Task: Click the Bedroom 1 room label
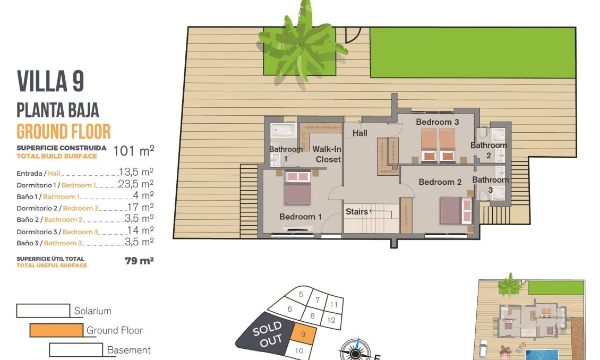[301, 217]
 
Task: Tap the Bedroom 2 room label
[440, 182]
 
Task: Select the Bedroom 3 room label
[437, 122]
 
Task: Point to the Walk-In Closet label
[328, 154]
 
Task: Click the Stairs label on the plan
[357, 211]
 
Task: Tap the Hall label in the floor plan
[360, 133]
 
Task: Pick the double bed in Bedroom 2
[456, 210]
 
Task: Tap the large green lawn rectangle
[473, 53]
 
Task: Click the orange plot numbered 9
[303, 335]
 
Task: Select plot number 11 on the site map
[333, 305]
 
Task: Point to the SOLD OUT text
[267, 335]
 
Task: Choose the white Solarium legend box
[43, 311]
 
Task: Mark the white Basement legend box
[76, 350]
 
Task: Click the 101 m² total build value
[134, 151]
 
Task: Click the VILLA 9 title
[50, 81]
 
